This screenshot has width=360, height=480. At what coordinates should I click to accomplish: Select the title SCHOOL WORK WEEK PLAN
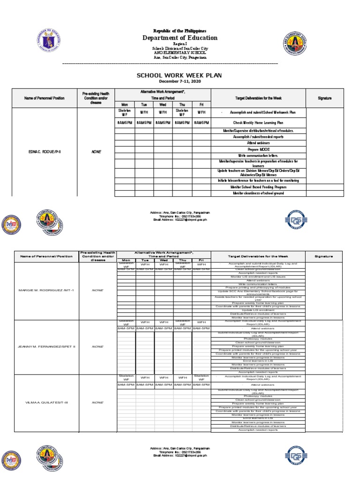[179, 75]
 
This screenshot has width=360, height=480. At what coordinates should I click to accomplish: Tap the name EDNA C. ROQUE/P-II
[44, 152]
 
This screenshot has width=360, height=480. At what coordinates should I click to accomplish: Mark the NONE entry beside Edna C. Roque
[96, 152]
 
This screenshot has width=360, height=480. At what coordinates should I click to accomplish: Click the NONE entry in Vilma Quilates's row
[97, 403]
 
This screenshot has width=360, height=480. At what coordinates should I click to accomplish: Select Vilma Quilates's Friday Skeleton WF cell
[201, 377]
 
